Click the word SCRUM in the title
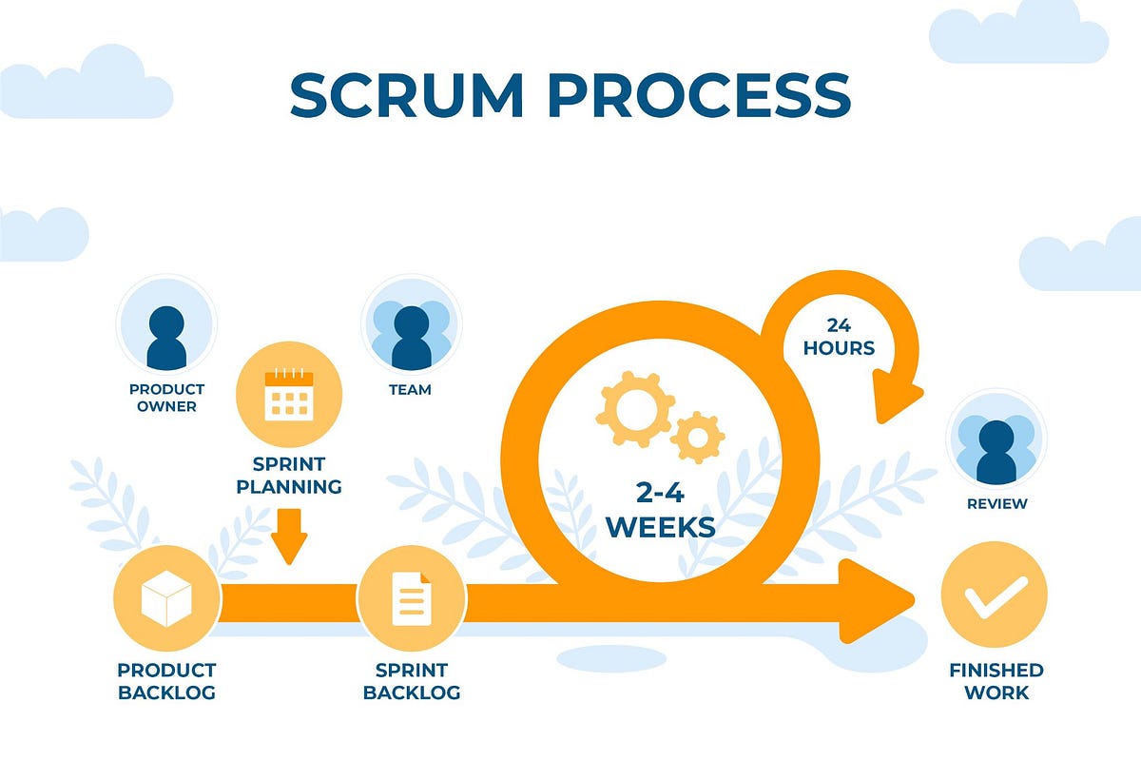point(407,94)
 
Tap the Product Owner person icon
point(166,336)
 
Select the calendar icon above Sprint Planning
point(288,396)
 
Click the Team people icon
point(411,336)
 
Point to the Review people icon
point(996,447)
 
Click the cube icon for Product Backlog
point(166,599)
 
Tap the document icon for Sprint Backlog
point(411,599)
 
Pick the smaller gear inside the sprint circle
point(698,438)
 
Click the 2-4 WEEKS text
point(660,509)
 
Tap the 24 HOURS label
point(839,337)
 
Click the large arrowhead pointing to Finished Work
point(875,601)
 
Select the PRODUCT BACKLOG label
point(166,681)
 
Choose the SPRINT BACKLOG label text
point(411,681)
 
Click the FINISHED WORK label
point(996,681)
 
